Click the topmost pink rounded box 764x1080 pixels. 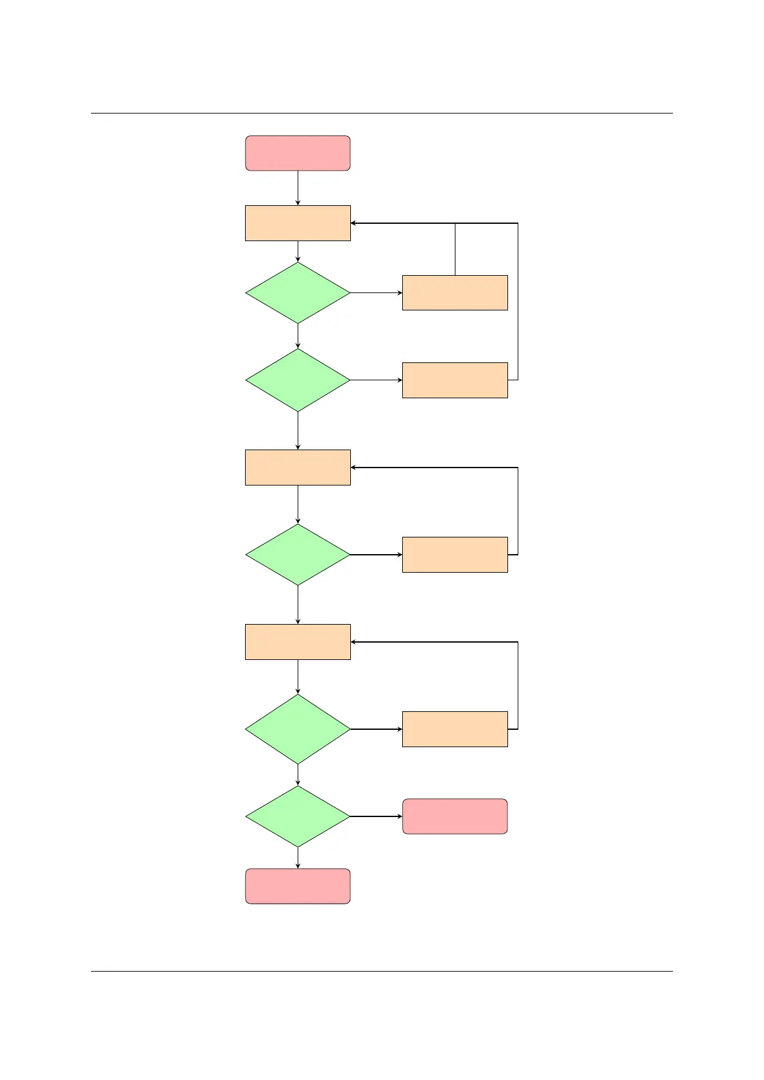click(298, 153)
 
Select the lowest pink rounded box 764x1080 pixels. click(298, 886)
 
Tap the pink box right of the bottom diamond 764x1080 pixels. click(455, 816)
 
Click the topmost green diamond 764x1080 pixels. click(298, 293)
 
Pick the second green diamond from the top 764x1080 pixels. click(298, 380)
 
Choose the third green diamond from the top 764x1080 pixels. click(298, 555)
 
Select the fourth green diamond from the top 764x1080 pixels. click(298, 729)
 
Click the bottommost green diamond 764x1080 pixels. click(298, 816)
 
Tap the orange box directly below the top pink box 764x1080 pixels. click(298, 223)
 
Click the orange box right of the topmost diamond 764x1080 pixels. click(455, 293)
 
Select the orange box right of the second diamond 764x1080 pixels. click(455, 380)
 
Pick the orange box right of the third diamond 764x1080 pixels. click(455, 555)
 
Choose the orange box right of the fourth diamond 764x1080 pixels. click(455, 729)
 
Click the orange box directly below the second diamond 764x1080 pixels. click(298, 468)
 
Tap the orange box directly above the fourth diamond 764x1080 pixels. click(298, 642)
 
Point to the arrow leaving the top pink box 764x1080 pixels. click(298, 188)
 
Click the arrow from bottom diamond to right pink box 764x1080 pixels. click(376, 816)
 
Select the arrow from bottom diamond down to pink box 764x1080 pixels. click(298, 858)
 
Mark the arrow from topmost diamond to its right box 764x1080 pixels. click(376, 293)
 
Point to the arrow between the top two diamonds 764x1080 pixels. click(298, 336)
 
